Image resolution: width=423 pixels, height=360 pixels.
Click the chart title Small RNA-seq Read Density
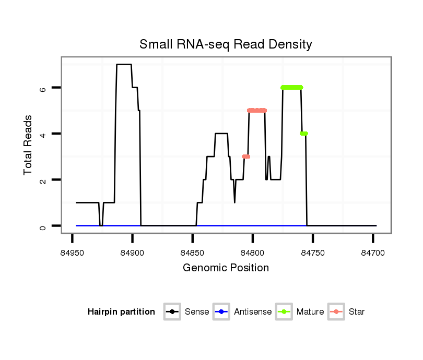click(x=226, y=44)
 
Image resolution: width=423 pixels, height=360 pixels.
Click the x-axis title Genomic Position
click(x=226, y=268)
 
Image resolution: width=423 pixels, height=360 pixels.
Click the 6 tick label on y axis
click(x=43, y=88)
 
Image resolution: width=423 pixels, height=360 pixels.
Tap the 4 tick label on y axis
click(x=43, y=134)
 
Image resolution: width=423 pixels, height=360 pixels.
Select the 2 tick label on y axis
click(x=43, y=179)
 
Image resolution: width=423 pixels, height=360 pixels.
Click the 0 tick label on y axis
click(x=43, y=226)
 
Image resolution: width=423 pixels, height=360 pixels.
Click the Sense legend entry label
click(x=197, y=312)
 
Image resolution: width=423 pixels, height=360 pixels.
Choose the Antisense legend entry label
click(x=253, y=312)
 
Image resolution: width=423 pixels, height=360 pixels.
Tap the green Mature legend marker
click(x=285, y=312)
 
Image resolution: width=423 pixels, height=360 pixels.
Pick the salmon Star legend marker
click(x=337, y=312)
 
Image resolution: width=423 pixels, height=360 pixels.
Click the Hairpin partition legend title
click(x=121, y=312)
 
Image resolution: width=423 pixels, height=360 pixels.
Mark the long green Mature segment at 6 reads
click(x=292, y=87)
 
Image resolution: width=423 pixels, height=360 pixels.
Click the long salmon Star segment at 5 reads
click(x=257, y=110)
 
